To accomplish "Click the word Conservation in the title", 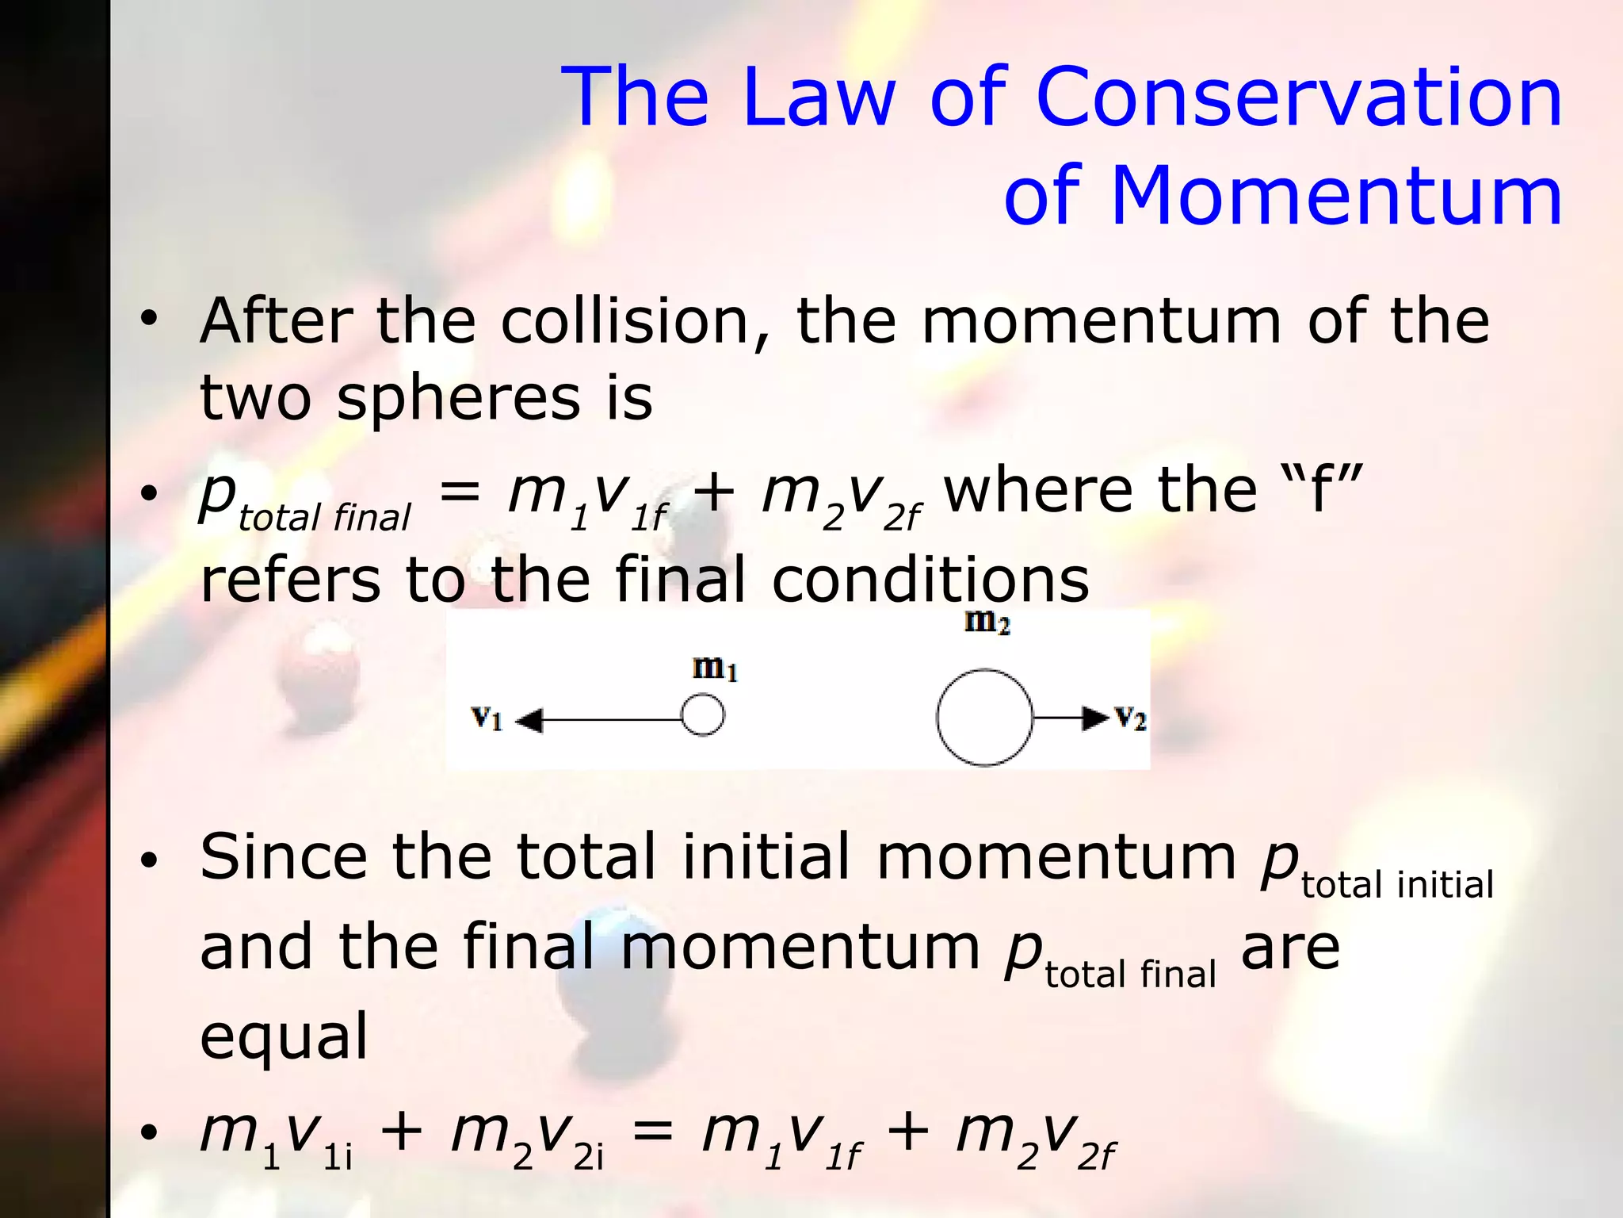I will point(1299,97).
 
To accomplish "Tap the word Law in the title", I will point(819,97).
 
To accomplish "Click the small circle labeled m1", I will point(702,715).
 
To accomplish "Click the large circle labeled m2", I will point(984,718).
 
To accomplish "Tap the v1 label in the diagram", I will point(487,718).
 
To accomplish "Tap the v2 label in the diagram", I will point(1130,718).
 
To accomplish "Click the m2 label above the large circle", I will point(987,622).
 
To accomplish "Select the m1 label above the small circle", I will point(715,668).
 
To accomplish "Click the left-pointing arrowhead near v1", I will point(529,721).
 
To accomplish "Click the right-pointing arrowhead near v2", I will point(1097,718).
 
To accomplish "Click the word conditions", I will point(930,580).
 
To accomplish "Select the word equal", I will point(284,1036).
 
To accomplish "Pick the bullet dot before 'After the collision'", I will point(149,320).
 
